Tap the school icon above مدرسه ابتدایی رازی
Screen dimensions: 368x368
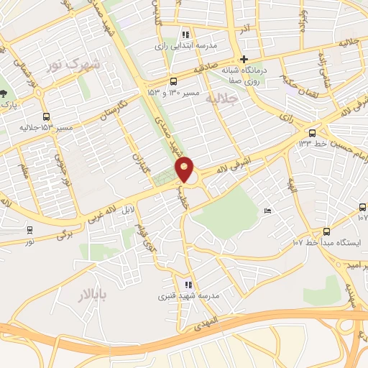click(185, 34)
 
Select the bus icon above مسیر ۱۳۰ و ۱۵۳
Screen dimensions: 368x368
click(173, 82)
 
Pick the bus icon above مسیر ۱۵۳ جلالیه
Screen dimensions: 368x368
click(47, 116)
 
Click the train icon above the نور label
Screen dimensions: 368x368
click(29, 231)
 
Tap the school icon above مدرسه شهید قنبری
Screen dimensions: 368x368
click(188, 285)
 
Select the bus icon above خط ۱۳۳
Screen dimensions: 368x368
click(312, 133)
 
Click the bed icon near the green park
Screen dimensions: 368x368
click(267, 211)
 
